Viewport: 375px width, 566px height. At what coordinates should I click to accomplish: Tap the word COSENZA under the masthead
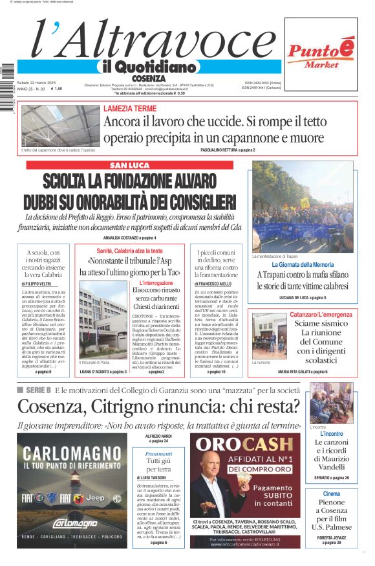coord(148,78)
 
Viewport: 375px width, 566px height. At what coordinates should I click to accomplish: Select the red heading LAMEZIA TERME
coord(130,108)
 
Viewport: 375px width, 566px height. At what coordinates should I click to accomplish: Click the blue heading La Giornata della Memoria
coord(303,265)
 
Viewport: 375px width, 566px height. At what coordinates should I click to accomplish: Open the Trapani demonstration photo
coord(303,207)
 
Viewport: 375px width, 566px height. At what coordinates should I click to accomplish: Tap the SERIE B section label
coord(38,390)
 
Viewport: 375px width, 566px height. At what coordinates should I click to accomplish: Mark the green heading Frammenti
coord(158,454)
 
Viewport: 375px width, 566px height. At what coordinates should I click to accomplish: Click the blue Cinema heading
coord(331,494)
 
